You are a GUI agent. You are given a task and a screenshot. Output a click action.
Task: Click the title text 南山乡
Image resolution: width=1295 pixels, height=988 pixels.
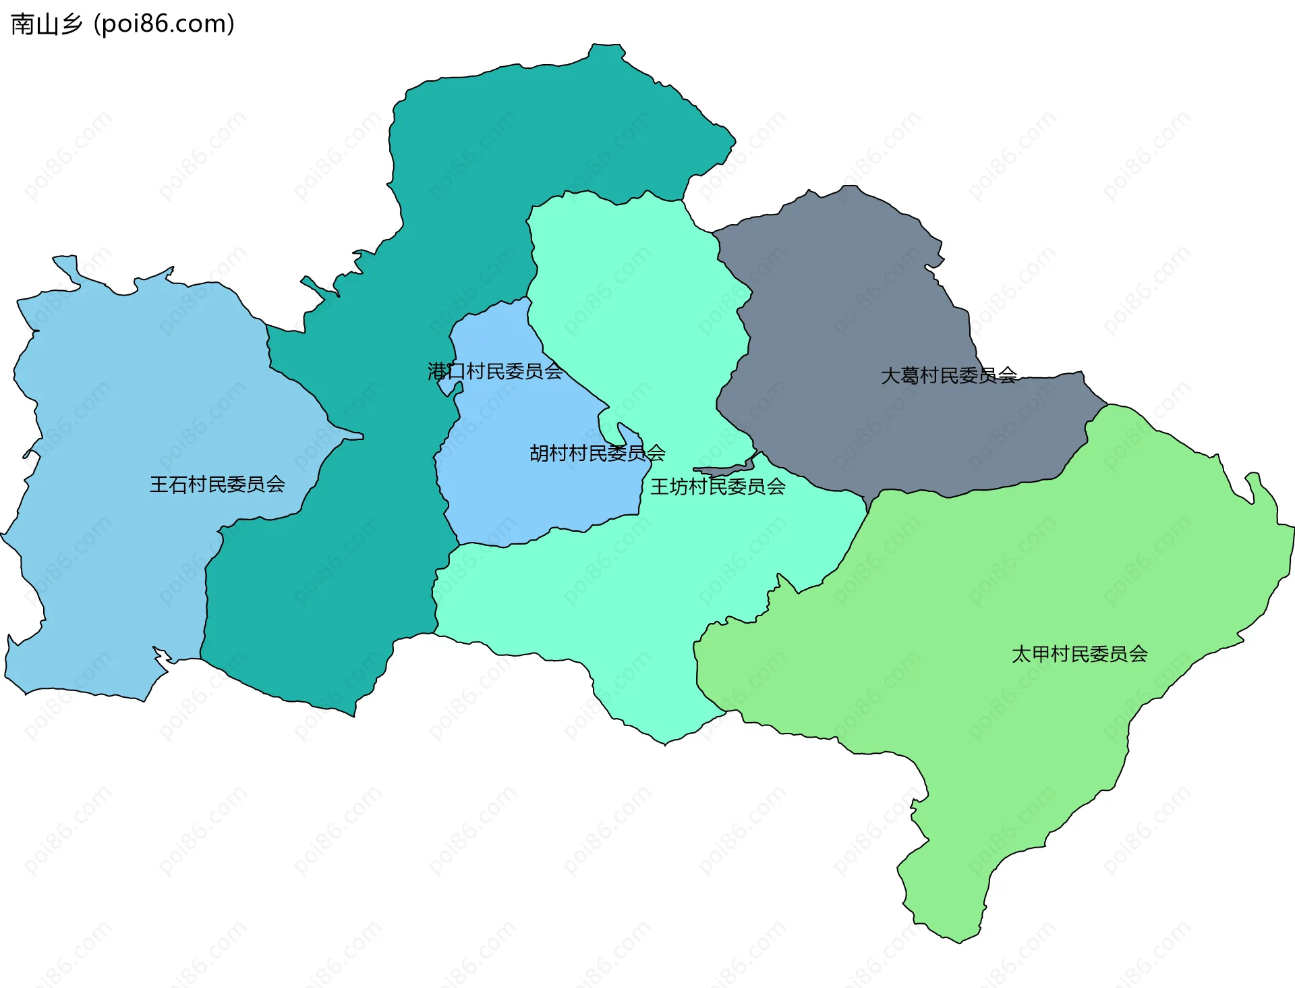tap(46, 24)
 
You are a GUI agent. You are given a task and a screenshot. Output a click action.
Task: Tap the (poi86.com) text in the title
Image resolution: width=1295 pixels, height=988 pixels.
tap(164, 24)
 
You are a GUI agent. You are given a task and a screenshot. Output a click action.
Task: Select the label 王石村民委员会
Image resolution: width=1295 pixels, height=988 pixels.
tap(217, 485)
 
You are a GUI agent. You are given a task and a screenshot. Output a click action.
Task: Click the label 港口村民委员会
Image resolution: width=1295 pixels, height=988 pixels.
tap(495, 371)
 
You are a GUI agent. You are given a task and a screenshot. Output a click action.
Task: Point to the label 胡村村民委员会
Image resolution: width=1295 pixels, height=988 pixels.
tap(598, 453)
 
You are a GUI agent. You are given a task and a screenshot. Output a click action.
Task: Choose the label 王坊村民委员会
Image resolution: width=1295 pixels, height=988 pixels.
tap(718, 487)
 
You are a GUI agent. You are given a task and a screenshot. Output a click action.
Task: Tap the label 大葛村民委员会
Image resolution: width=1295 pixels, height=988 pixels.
tap(948, 376)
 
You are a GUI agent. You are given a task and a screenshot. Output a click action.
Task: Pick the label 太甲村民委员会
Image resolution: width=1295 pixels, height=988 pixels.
tap(1079, 654)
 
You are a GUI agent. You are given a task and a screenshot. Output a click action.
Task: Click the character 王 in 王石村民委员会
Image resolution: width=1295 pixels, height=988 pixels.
tap(159, 485)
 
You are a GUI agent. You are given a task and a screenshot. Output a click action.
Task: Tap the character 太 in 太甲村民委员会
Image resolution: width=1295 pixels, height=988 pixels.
tap(1021, 654)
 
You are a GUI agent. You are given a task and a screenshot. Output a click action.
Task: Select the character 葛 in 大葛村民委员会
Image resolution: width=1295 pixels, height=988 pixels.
tap(910, 376)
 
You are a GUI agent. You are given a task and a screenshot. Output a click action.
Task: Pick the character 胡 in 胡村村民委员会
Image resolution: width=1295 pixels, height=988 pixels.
tap(540, 453)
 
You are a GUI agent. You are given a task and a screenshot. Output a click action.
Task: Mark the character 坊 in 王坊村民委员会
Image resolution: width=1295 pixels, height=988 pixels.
tap(679, 487)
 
